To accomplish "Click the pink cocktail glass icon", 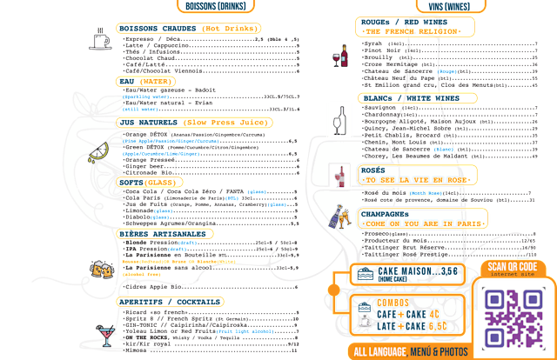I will point(103,332).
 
